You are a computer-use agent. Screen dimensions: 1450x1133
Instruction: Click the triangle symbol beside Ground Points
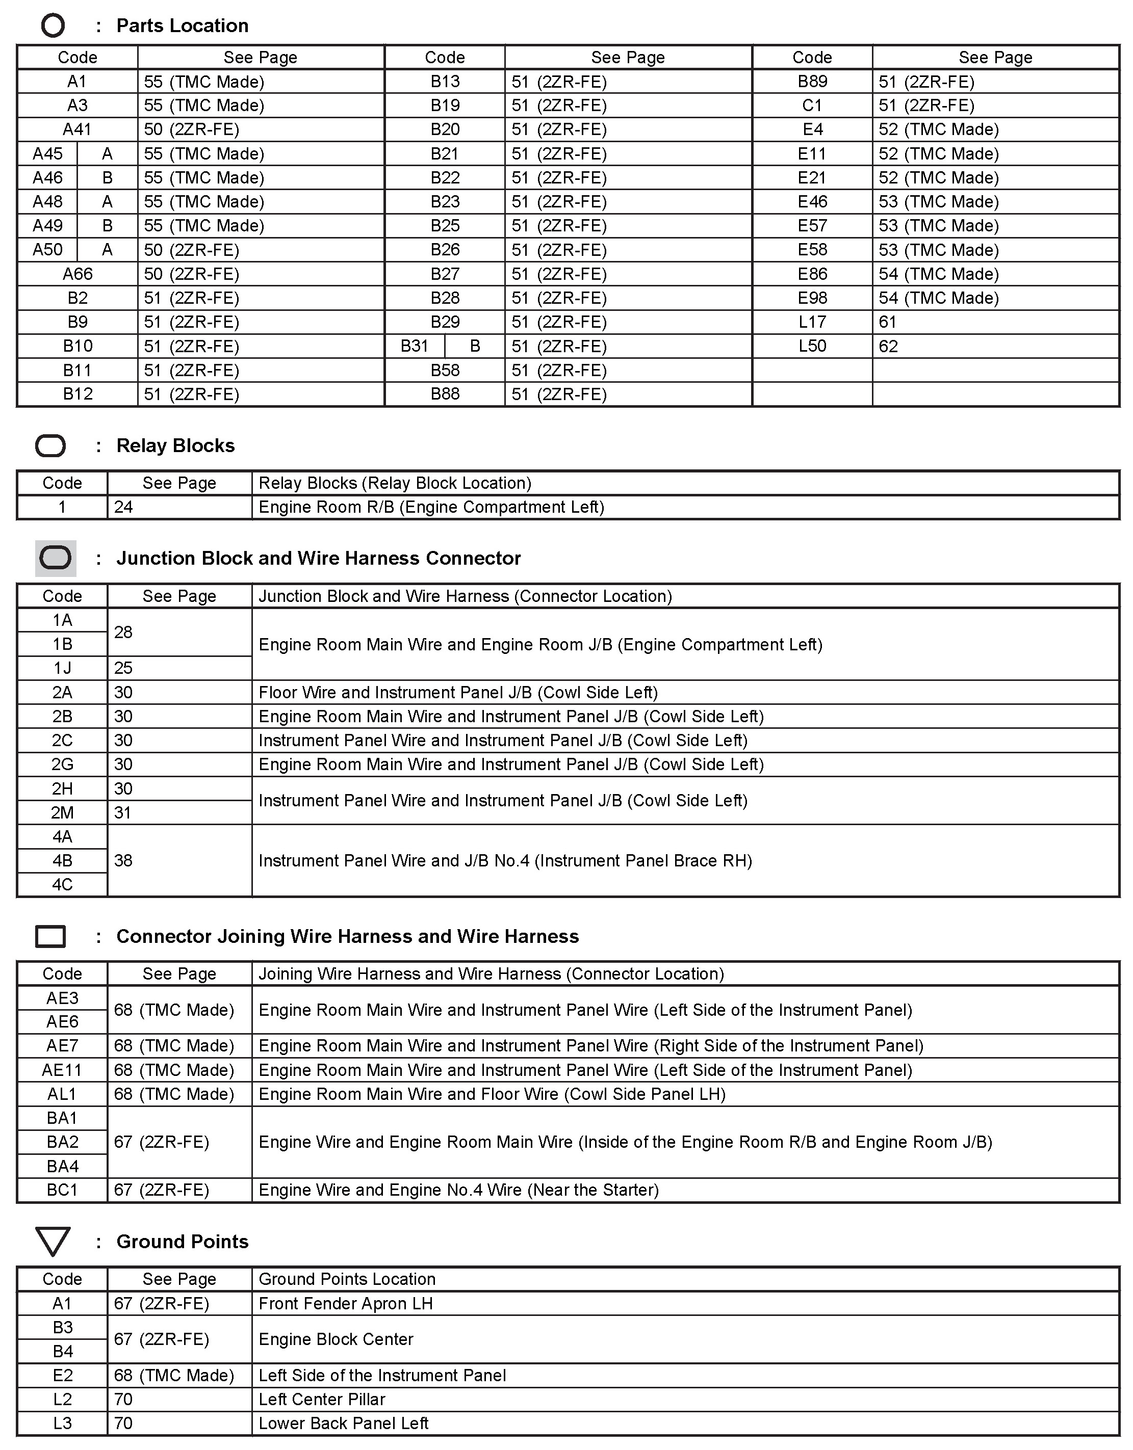53,1242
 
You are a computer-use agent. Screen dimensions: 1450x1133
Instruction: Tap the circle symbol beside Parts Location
53,26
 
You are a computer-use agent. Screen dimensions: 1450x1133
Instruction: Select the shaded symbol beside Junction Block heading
55,558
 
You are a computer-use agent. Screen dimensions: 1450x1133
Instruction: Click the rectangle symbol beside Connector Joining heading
50,936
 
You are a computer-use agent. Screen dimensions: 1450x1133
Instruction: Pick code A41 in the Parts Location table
77,129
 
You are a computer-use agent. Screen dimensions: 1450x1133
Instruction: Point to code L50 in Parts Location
812,346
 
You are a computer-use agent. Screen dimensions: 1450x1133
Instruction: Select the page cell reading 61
888,322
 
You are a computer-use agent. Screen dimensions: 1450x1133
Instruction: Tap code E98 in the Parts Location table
812,298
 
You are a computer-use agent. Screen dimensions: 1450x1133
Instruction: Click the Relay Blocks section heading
175,445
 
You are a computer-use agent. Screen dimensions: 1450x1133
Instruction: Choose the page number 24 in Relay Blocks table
123,507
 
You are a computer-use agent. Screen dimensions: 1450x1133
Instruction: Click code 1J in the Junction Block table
62,668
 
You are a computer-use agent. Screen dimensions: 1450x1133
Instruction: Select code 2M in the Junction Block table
62,812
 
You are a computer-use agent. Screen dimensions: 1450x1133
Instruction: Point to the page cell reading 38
123,860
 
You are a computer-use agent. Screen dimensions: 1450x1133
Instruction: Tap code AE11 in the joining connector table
62,1070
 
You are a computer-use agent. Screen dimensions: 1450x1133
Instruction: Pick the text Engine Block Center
336,1339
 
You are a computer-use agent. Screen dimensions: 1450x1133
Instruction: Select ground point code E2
62,1376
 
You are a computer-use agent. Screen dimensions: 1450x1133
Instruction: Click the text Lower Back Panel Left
343,1423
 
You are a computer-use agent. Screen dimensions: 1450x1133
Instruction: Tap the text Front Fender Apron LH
345,1303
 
